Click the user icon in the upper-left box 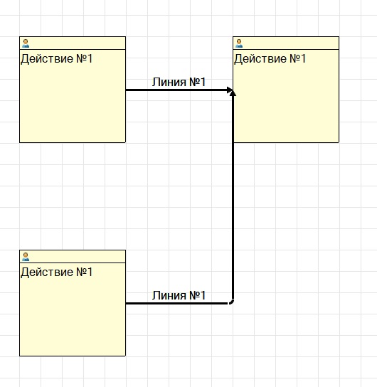pyautogui.click(x=26, y=43)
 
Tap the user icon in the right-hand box pyautogui.click(x=239, y=43)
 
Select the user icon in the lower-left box pyautogui.click(x=26, y=257)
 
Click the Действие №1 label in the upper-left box pyautogui.click(x=57, y=59)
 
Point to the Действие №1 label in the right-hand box pyautogui.click(x=270, y=59)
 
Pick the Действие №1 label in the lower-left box pyautogui.click(x=57, y=272)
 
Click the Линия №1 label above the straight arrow pyautogui.click(x=179, y=82)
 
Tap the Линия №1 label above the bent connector pyautogui.click(x=179, y=295)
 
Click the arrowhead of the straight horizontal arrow pyautogui.click(x=230, y=90)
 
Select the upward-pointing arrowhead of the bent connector pyautogui.click(x=233, y=93)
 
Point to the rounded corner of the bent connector pyautogui.click(x=231, y=302)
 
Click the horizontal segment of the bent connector pyautogui.click(x=177, y=303)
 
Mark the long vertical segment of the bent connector pyautogui.click(x=233, y=198)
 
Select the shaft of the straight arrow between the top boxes pyautogui.click(x=176, y=90)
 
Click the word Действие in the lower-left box pyautogui.click(x=47, y=272)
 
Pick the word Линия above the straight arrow pyautogui.click(x=169, y=83)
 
